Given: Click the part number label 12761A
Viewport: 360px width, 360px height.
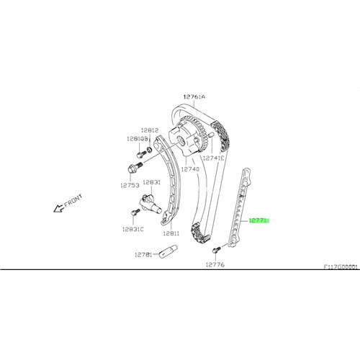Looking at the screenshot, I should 193,96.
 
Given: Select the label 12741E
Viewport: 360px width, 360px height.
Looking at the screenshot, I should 213,158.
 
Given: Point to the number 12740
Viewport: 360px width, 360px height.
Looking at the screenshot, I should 190,168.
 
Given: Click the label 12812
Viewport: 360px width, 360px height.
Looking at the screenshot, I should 149,130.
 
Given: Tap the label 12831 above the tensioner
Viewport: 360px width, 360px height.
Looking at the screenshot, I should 152,183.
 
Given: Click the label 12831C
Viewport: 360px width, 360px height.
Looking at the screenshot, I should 132,229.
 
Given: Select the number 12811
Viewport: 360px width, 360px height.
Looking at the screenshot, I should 171,233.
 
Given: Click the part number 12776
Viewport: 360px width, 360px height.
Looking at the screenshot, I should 215,264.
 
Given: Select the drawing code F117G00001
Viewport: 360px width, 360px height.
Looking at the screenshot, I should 341,266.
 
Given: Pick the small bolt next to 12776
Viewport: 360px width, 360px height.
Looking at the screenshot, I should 215,249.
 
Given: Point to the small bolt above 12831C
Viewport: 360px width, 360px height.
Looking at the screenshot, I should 135,212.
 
